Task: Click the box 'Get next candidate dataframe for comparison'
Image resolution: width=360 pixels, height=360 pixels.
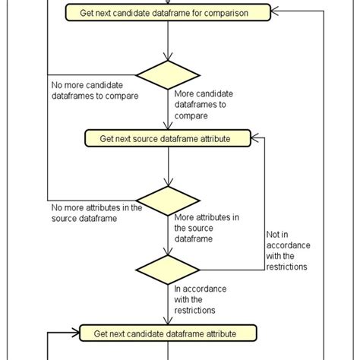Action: click(x=166, y=13)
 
